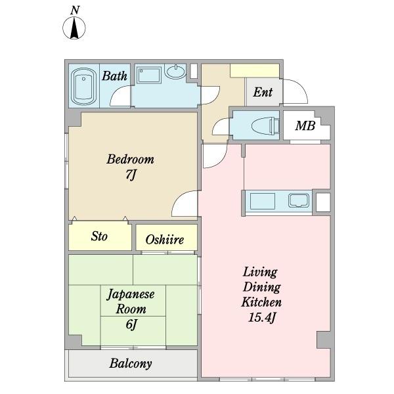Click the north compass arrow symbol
[74, 28]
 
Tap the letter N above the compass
[75, 11]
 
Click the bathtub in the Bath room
[83, 86]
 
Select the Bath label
[114, 76]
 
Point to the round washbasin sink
[175, 71]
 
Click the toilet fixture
[265, 125]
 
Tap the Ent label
[263, 92]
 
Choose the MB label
[305, 125]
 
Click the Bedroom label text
[131, 159]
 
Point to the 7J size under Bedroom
[131, 175]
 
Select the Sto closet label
[99, 236]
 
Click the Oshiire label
[165, 240]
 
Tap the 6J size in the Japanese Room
[131, 324]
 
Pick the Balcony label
[131, 363]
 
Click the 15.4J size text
[261, 317]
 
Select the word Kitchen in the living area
[261, 302]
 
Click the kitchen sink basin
[299, 200]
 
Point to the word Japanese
[131, 294]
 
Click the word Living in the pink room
[260, 272]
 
